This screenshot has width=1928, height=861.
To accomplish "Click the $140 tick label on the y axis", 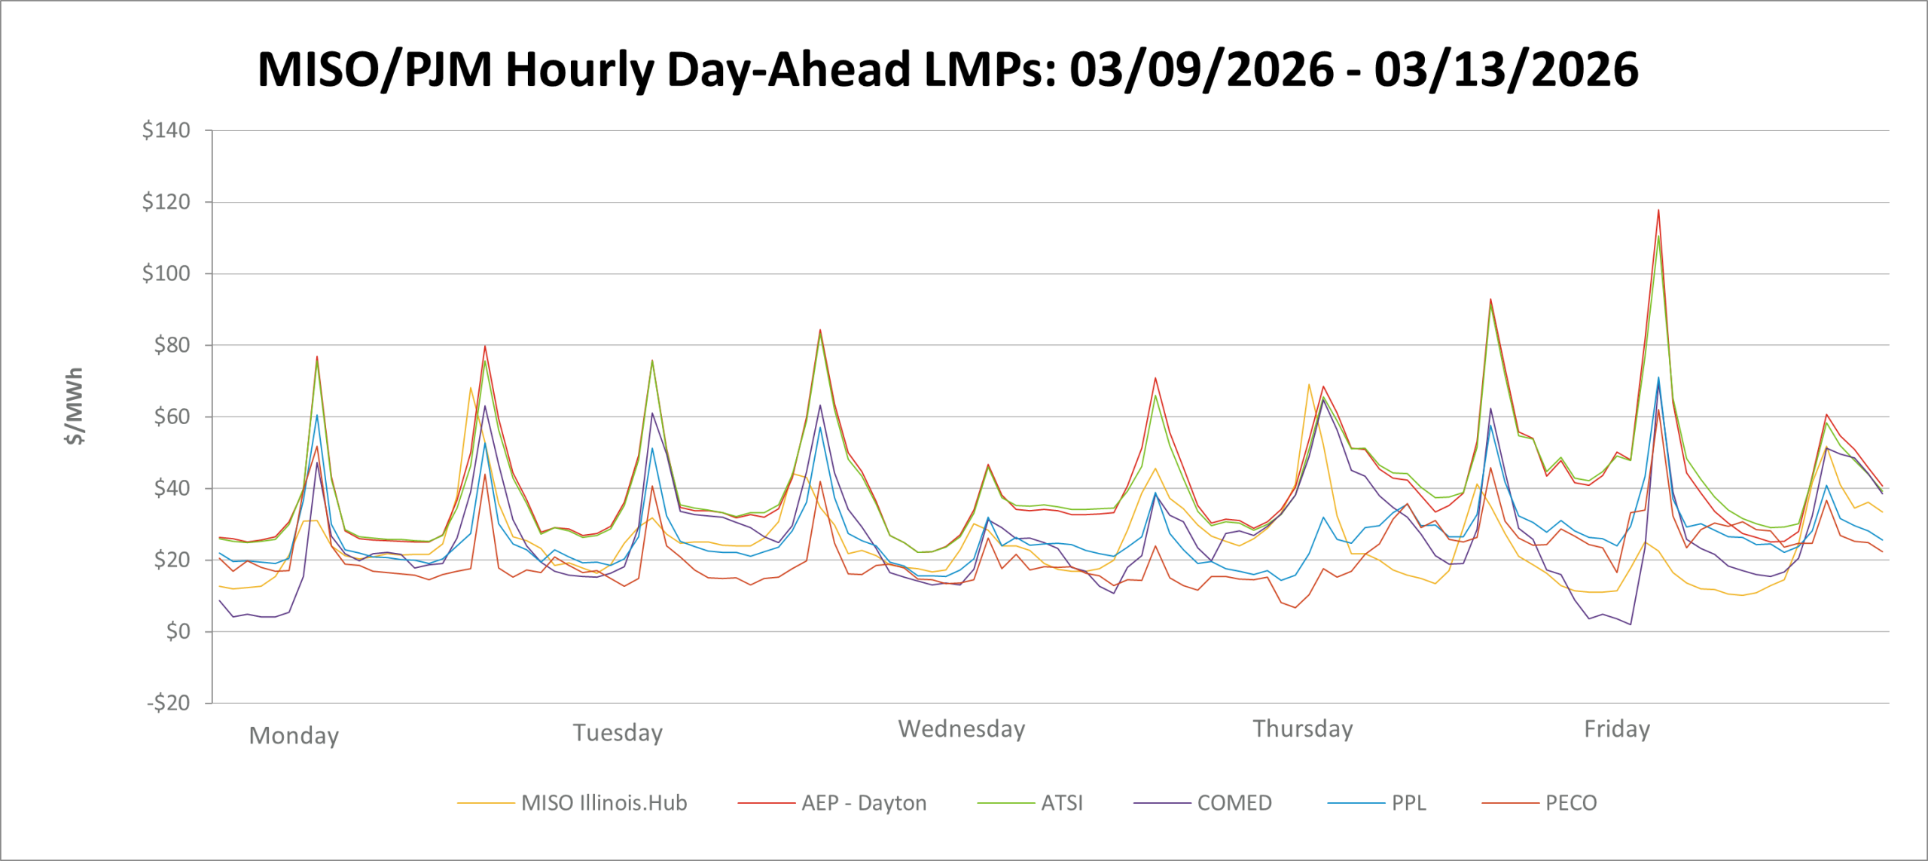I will tap(166, 130).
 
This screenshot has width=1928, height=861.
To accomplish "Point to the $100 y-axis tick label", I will tap(166, 273).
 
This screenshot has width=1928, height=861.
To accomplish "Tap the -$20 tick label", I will tap(169, 703).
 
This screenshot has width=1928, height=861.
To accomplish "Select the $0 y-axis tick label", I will tap(178, 631).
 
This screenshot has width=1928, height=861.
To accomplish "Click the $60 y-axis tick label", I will tap(172, 417).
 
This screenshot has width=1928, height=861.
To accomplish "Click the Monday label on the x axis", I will tap(294, 735).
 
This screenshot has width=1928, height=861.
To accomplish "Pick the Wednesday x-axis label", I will tap(962, 729).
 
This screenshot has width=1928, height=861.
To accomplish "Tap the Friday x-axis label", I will tap(1617, 729).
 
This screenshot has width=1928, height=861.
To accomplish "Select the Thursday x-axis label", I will tap(1303, 729).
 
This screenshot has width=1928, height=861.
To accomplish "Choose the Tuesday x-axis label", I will tap(618, 732).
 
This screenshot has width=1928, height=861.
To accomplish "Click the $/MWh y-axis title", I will tap(75, 406).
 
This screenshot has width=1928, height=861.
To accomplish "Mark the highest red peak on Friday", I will tap(1658, 210).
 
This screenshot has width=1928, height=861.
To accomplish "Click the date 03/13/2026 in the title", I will tap(1506, 69).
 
